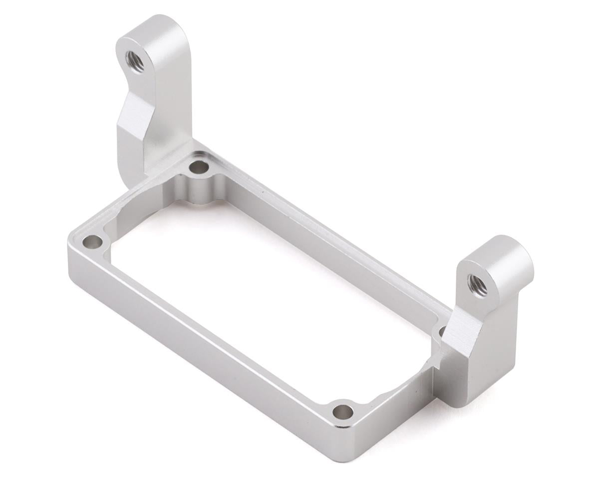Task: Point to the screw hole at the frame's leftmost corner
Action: pos(92,242)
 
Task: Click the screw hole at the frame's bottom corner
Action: pos(342,412)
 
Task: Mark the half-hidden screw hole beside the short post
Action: pos(442,331)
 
